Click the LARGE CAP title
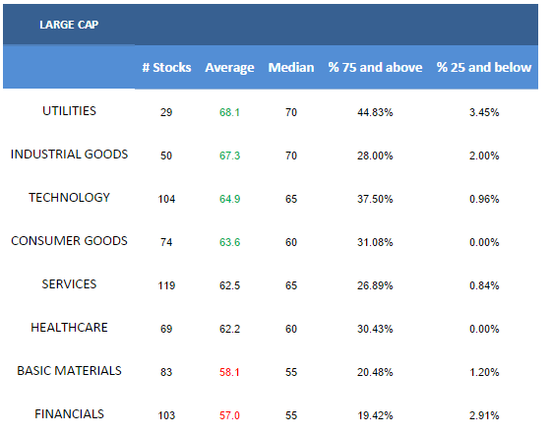tap(69, 25)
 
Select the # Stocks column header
tap(166, 67)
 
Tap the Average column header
tap(229, 68)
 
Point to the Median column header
tap(291, 67)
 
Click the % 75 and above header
tap(375, 67)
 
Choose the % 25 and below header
tap(484, 67)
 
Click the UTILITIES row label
tap(69, 111)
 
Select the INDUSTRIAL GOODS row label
tap(69, 155)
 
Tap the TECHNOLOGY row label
tap(69, 198)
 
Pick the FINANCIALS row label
tap(69, 413)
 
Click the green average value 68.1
tap(229, 112)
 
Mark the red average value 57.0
tap(229, 415)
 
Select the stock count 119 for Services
tap(166, 285)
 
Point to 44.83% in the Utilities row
tap(375, 112)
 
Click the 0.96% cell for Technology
tap(484, 199)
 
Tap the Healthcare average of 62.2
tap(229, 329)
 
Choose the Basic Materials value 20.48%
tap(375, 372)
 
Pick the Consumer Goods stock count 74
tap(166, 242)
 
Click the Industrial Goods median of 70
tap(291, 156)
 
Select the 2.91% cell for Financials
tap(484, 415)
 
